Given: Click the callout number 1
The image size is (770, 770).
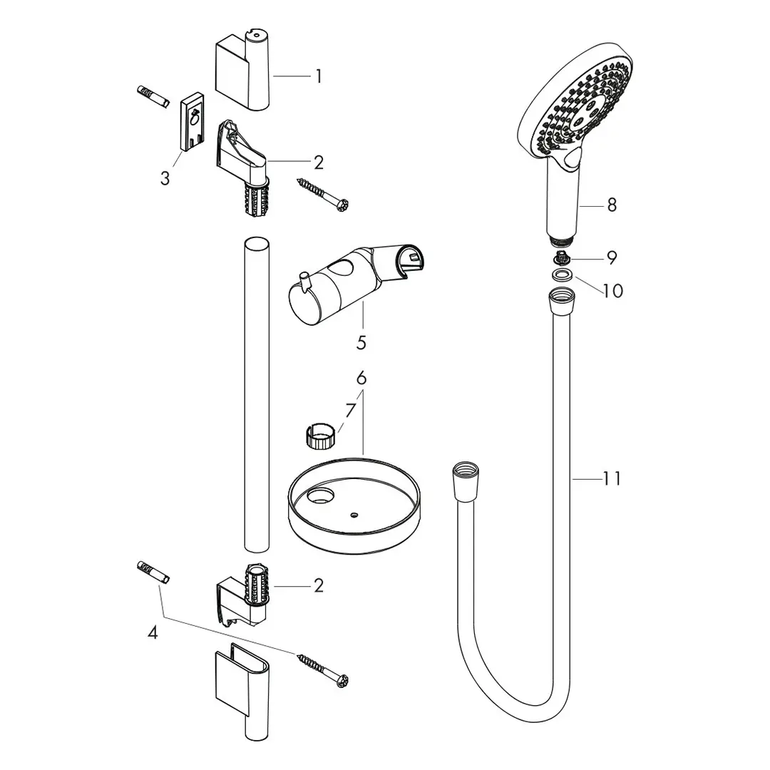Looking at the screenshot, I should coord(319,76).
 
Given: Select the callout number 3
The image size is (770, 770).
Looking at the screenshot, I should coord(165,178).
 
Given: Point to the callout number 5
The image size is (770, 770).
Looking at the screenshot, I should coord(361,343).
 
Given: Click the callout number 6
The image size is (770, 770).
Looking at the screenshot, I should coord(361,378).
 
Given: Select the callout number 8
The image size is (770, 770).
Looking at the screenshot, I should coord(612,205).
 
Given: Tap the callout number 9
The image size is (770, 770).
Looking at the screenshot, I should coord(612,257).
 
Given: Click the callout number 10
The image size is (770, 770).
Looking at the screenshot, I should coord(612,290).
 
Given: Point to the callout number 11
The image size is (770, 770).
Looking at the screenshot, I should coord(611,478).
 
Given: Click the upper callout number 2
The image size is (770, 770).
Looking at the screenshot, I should coord(318,163).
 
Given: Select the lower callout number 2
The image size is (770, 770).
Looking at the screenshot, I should coord(318,585).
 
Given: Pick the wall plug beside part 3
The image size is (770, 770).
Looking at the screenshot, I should coord(152,96).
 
